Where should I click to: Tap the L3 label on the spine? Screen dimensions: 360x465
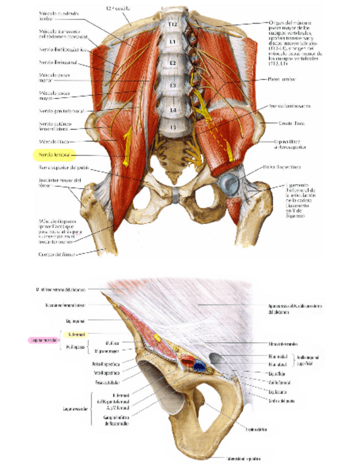click(172, 86)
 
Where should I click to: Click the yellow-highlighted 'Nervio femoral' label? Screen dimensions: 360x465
click(57, 155)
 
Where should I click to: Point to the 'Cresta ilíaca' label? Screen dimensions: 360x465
click(291, 123)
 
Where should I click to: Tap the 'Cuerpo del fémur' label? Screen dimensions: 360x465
click(58, 253)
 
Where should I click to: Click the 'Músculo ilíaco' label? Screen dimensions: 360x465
click(52, 141)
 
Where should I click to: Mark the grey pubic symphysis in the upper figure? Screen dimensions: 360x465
click(175, 195)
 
